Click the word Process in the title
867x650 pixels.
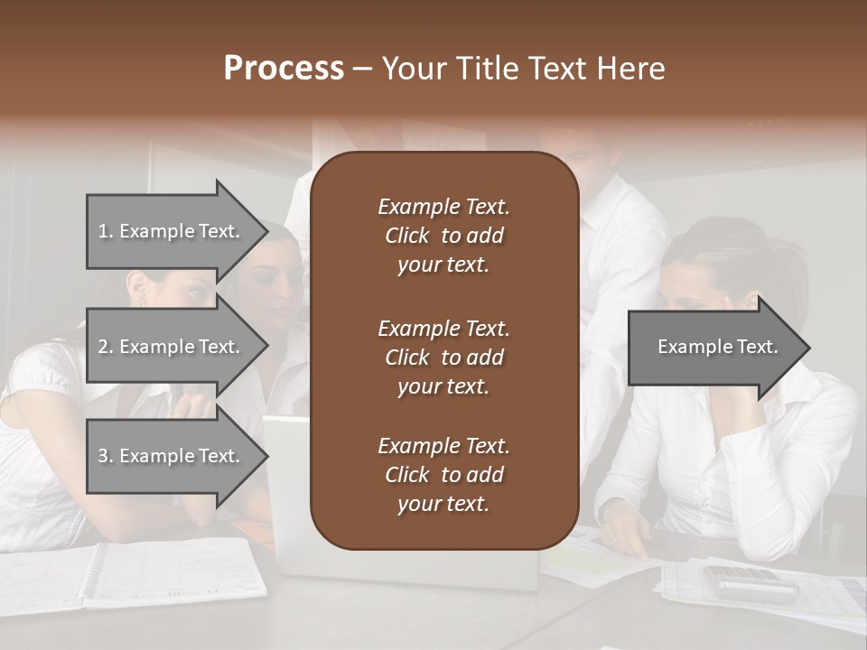click(284, 69)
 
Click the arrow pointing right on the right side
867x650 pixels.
click(718, 348)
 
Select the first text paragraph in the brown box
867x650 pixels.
click(443, 236)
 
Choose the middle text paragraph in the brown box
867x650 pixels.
click(443, 357)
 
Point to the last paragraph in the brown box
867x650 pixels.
click(443, 474)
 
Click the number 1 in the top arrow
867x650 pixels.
click(102, 231)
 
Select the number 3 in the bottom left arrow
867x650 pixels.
click(102, 456)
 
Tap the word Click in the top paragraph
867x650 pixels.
click(406, 236)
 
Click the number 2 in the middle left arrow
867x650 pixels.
click(102, 347)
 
